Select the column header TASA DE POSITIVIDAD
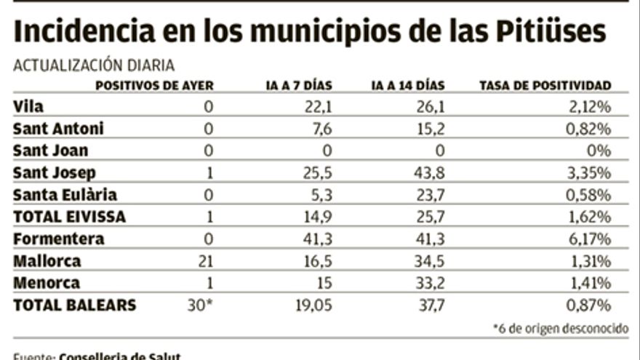(545, 86)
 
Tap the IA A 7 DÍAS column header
(299, 86)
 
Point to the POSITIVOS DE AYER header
(155, 86)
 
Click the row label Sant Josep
(55, 173)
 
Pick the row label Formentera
(58, 239)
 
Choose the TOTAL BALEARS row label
(74, 305)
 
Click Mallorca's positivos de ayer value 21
(206, 261)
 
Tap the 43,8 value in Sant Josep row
(428, 173)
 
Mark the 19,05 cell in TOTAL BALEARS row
(314, 305)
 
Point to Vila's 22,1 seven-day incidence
(318, 108)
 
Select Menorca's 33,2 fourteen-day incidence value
(428, 283)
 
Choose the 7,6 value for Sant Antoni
(321, 129)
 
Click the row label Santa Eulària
(65, 195)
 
